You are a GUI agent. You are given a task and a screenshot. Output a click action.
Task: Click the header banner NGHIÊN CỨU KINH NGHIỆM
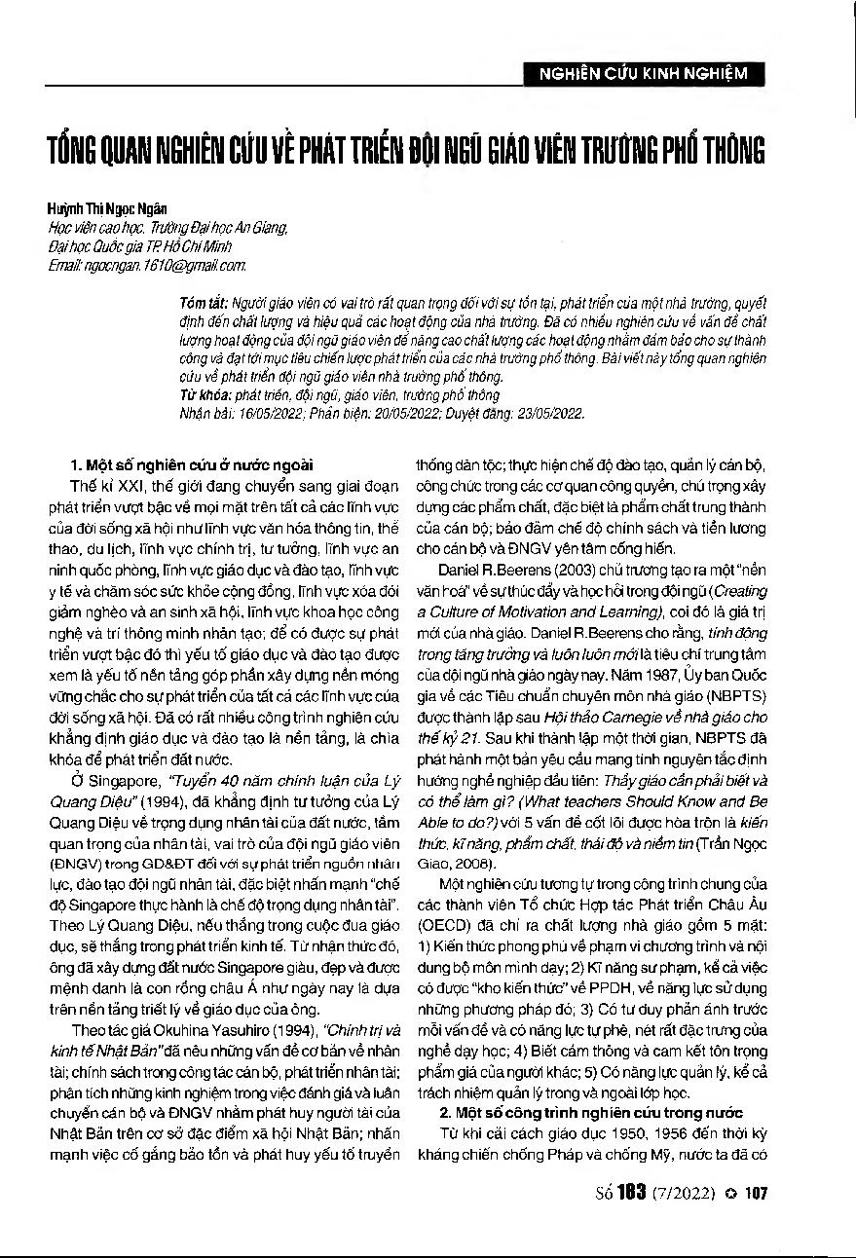[x=643, y=73]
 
